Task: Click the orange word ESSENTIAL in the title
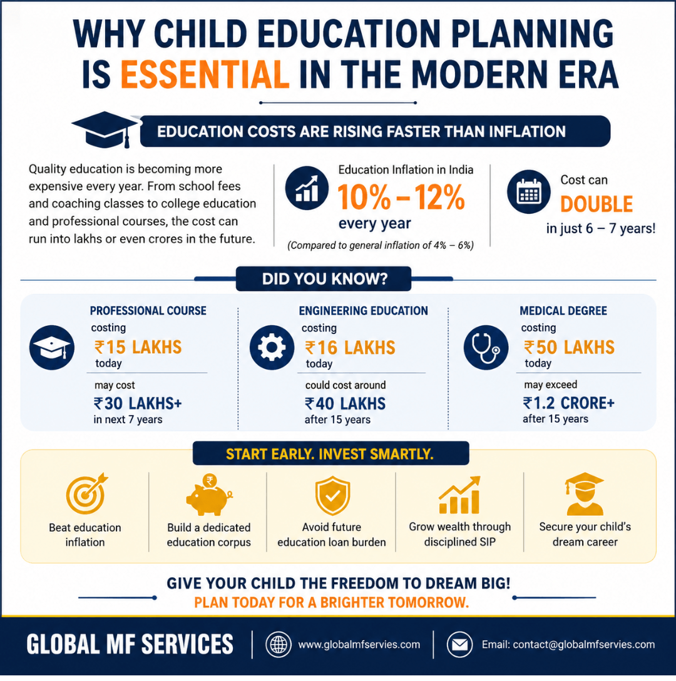205,74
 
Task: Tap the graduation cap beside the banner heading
105,129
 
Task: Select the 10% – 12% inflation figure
401,197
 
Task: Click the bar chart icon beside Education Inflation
307,188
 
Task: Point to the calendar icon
529,191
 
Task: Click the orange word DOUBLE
596,204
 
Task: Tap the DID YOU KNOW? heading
324,279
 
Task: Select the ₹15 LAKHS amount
138,347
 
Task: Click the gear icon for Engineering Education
272,348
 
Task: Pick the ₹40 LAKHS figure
345,404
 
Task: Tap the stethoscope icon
486,348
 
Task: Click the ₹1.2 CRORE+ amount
568,403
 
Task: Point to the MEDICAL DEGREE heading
563,311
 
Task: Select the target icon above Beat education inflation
86,493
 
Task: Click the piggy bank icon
209,495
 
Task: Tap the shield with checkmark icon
332,495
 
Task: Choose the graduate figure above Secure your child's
585,494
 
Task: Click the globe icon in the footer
279,645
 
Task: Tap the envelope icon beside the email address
459,645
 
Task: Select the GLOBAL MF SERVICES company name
130,644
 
